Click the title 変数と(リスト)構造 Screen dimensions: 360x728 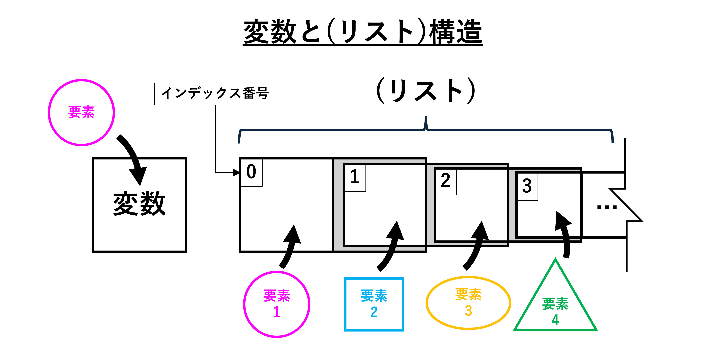pos(363,32)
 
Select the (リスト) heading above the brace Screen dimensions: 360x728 pos(426,90)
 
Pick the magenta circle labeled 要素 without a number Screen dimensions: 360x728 pos(81,113)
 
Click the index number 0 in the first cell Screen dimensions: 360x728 pos(251,172)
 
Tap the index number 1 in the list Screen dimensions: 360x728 pos(355,177)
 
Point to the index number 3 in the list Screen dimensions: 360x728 pos(527,186)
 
